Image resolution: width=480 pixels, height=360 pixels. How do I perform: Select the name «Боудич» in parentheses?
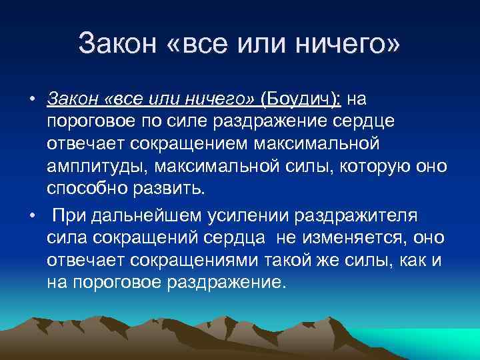click(x=299, y=99)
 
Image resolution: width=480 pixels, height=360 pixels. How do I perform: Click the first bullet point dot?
click(x=31, y=100)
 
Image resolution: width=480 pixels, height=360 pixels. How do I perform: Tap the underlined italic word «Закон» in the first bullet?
click(x=73, y=99)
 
